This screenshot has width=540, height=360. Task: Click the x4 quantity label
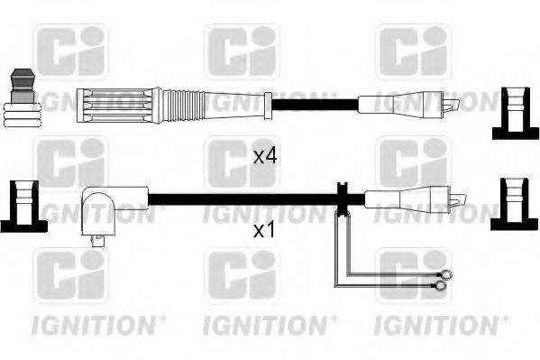click(x=264, y=156)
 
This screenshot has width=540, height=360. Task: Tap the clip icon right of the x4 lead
click(x=514, y=112)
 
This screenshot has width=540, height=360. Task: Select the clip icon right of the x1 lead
click(x=515, y=202)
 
